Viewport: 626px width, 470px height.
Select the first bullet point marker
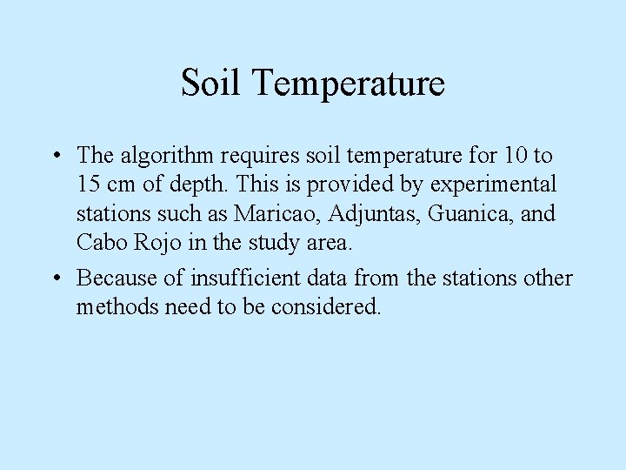click(55, 157)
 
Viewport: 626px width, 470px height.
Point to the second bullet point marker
click(55, 279)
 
